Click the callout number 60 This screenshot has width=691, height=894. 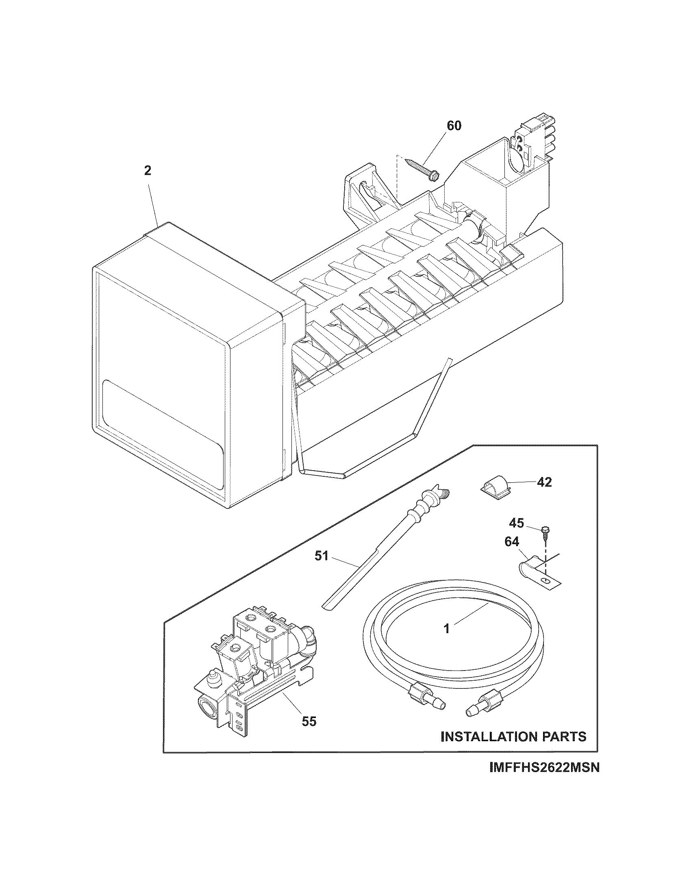453,125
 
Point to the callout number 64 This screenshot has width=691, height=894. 512,542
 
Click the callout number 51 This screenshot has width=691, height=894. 322,556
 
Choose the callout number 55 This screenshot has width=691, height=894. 309,721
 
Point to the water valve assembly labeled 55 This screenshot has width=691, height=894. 254,671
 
